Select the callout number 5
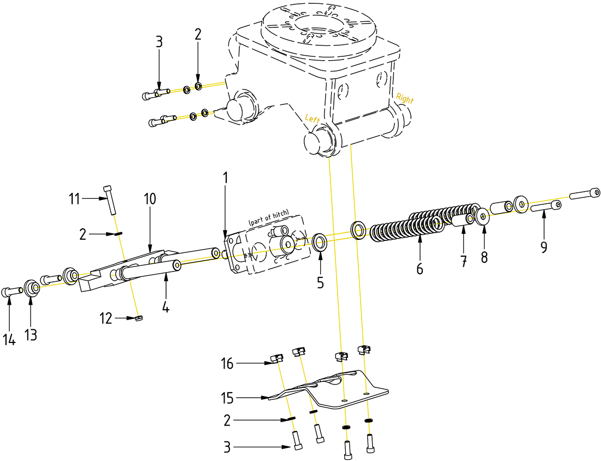tap(320, 282)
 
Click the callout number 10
tap(150, 199)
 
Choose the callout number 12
tap(107, 317)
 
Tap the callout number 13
tap(31, 335)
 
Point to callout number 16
tap(228, 363)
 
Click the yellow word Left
tap(313, 118)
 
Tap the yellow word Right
tap(405, 100)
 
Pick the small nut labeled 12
tap(139, 318)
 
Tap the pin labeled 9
tap(545, 207)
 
